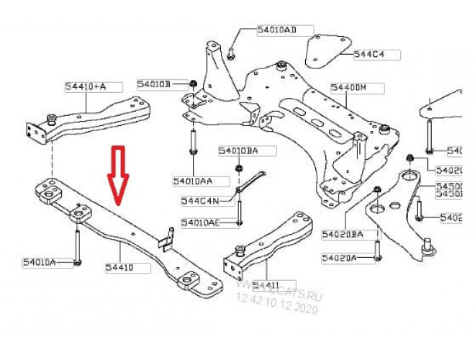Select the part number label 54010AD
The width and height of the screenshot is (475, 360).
[x=277, y=30]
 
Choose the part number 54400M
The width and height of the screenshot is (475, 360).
[x=349, y=87]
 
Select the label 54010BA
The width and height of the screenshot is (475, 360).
[x=237, y=150]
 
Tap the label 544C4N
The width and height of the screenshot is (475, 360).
[x=202, y=200]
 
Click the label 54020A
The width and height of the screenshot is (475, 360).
[x=340, y=257]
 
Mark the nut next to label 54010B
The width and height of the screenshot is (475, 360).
[x=193, y=85]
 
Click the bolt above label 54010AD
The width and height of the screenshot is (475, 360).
[x=230, y=50]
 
